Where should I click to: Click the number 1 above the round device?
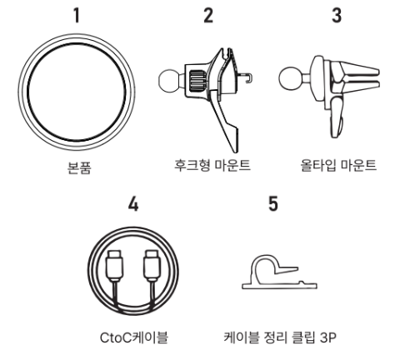(x=77, y=15)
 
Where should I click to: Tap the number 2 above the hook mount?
(x=208, y=15)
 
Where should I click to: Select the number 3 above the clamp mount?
(x=337, y=15)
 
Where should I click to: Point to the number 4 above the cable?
(x=133, y=204)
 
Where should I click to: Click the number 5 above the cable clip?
(x=273, y=203)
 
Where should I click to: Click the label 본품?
(x=79, y=167)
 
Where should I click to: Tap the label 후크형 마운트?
(x=212, y=165)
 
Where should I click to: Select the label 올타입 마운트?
(x=338, y=165)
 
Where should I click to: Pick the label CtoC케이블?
(x=134, y=337)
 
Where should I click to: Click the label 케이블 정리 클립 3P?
(x=280, y=337)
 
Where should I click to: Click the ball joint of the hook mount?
(x=169, y=80)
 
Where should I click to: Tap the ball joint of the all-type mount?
(x=290, y=78)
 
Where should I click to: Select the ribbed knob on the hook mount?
(x=197, y=81)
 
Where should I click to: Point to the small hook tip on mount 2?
(x=248, y=77)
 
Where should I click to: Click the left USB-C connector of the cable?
(x=114, y=266)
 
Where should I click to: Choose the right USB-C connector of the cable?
(x=152, y=266)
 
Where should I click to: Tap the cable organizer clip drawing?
(x=279, y=273)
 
